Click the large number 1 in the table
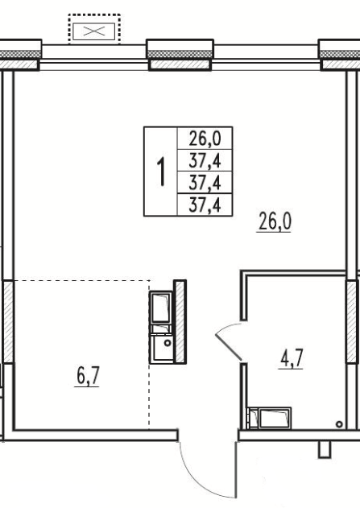(161, 172)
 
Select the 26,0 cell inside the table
(205, 138)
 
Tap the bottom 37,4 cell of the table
(205, 204)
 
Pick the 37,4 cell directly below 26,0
(205, 160)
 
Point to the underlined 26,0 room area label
(274, 221)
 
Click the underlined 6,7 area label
(87, 376)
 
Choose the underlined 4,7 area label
(291, 358)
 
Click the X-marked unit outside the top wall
(94, 31)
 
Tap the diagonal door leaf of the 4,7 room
(229, 346)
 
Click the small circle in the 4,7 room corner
(339, 424)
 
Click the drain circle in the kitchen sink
(168, 343)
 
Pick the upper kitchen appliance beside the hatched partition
(161, 307)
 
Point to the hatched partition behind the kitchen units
(180, 321)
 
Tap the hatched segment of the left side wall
(8, 321)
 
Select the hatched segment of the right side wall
(352, 321)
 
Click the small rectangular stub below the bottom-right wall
(325, 449)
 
